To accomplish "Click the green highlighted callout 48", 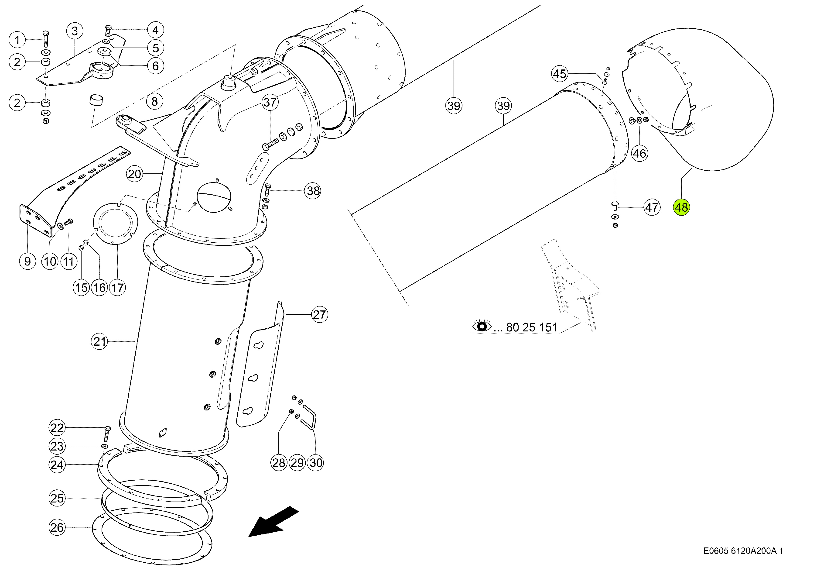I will click(681, 207).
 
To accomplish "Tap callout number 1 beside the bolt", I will click(17, 40).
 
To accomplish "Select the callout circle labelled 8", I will click(154, 101).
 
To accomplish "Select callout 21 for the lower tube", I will click(99, 342).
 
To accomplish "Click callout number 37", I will click(270, 103).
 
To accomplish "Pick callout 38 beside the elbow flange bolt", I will click(313, 191).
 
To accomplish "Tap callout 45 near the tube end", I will click(559, 74).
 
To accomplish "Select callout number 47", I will click(652, 207).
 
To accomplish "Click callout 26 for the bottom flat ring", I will click(57, 527).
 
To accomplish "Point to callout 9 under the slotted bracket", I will click(27, 261).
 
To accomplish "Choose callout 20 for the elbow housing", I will click(134, 174).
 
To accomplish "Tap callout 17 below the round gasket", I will click(117, 288).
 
